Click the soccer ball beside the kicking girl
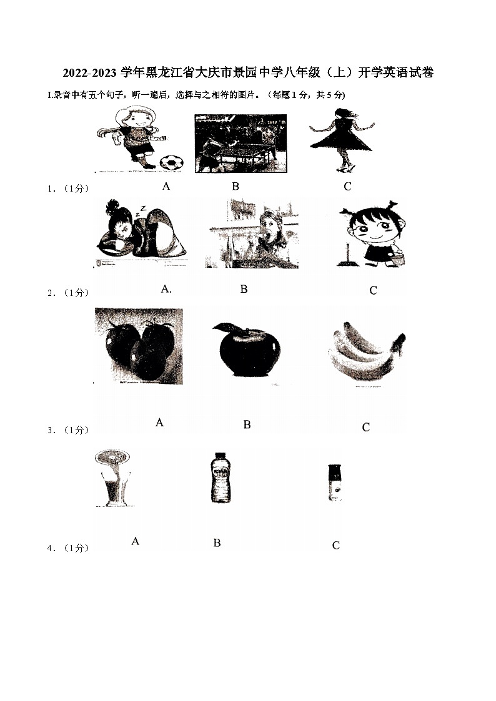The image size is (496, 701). [171, 162]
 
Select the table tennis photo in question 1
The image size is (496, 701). [241, 144]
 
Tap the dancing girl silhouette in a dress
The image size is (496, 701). [342, 139]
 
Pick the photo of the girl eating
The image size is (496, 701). [252, 234]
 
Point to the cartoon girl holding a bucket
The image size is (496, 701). [373, 234]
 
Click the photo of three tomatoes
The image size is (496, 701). [139, 346]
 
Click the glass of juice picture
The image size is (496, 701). [112, 478]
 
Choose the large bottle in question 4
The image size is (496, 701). [220, 478]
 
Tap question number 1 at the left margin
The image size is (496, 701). [51, 189]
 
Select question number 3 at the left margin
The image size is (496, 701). [51, 430]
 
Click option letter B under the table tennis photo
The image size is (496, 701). [236, 187]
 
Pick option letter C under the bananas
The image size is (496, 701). [366, 428]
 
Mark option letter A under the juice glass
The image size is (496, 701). [136, 541]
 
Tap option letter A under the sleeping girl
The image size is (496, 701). [166, 289]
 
